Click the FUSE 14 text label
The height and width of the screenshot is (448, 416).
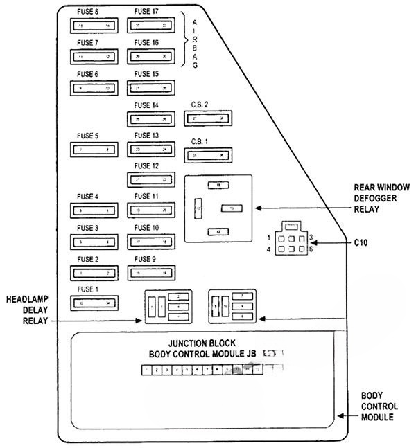tap(146, 105)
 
